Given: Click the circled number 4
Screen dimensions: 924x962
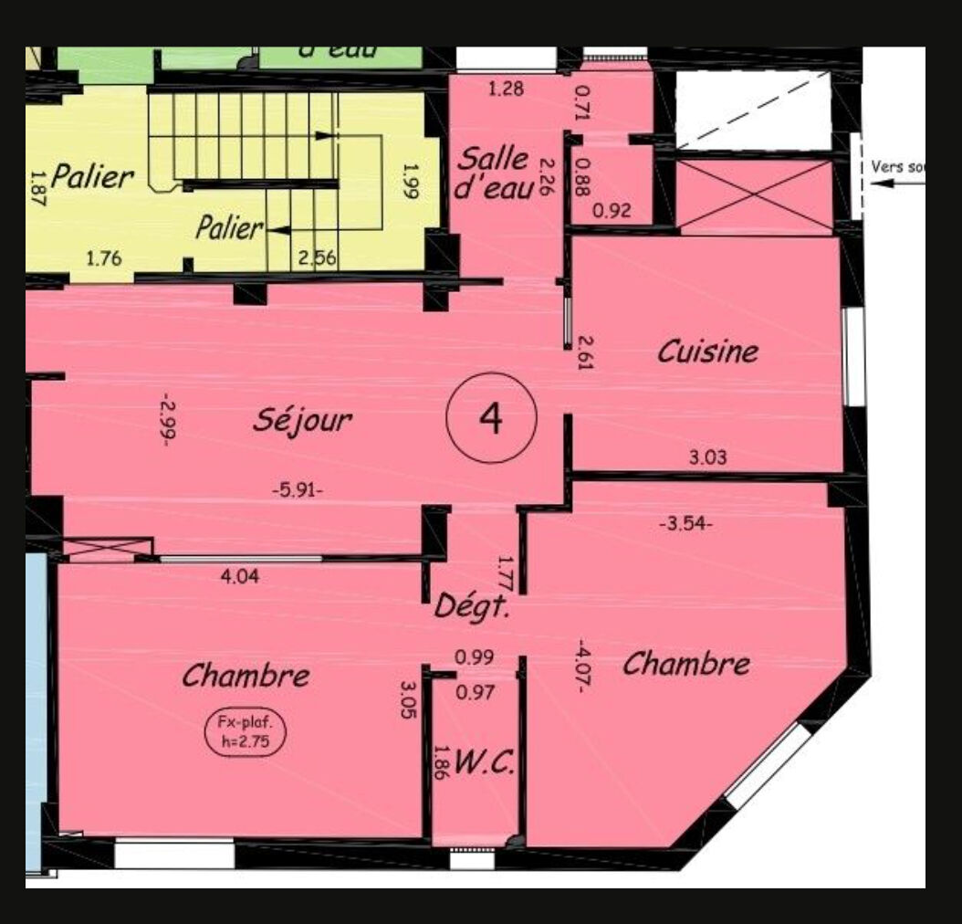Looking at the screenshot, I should point(491,418).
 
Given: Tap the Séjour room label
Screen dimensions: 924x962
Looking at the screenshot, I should point(302,419).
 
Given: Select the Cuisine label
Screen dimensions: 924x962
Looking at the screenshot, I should point(708,351).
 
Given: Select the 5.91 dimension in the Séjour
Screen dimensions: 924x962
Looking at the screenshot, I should point(298,489).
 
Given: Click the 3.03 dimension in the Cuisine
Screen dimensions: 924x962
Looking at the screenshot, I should point(707,458).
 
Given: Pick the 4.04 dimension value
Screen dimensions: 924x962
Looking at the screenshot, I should point(241,576).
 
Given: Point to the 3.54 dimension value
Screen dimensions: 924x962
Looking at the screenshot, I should point(685,524).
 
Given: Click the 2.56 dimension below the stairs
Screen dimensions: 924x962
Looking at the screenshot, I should point(318,257).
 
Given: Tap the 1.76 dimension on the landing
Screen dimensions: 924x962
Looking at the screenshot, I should point(104,257).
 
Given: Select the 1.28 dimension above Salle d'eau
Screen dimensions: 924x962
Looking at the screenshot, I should point(507,89).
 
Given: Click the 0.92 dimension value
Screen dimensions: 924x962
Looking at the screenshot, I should point(612,210).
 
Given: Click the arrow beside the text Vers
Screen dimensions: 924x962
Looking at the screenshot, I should point(897,182).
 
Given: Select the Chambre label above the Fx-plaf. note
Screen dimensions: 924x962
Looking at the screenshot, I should point(246,676).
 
